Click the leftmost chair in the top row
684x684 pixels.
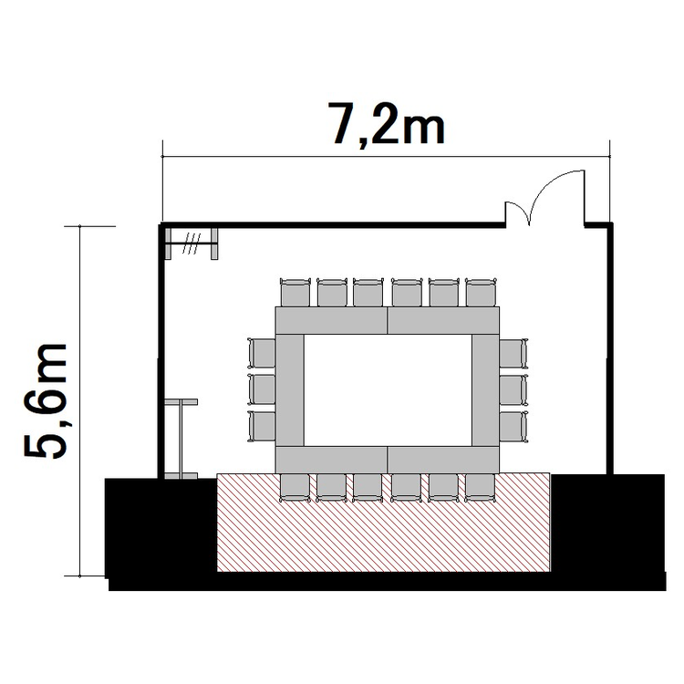(295, 292)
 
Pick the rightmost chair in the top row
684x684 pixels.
(482, 292)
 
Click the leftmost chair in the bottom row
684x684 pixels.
(295, 488)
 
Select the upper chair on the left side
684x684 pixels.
(262, 353)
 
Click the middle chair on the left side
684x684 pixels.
(262, 389)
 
